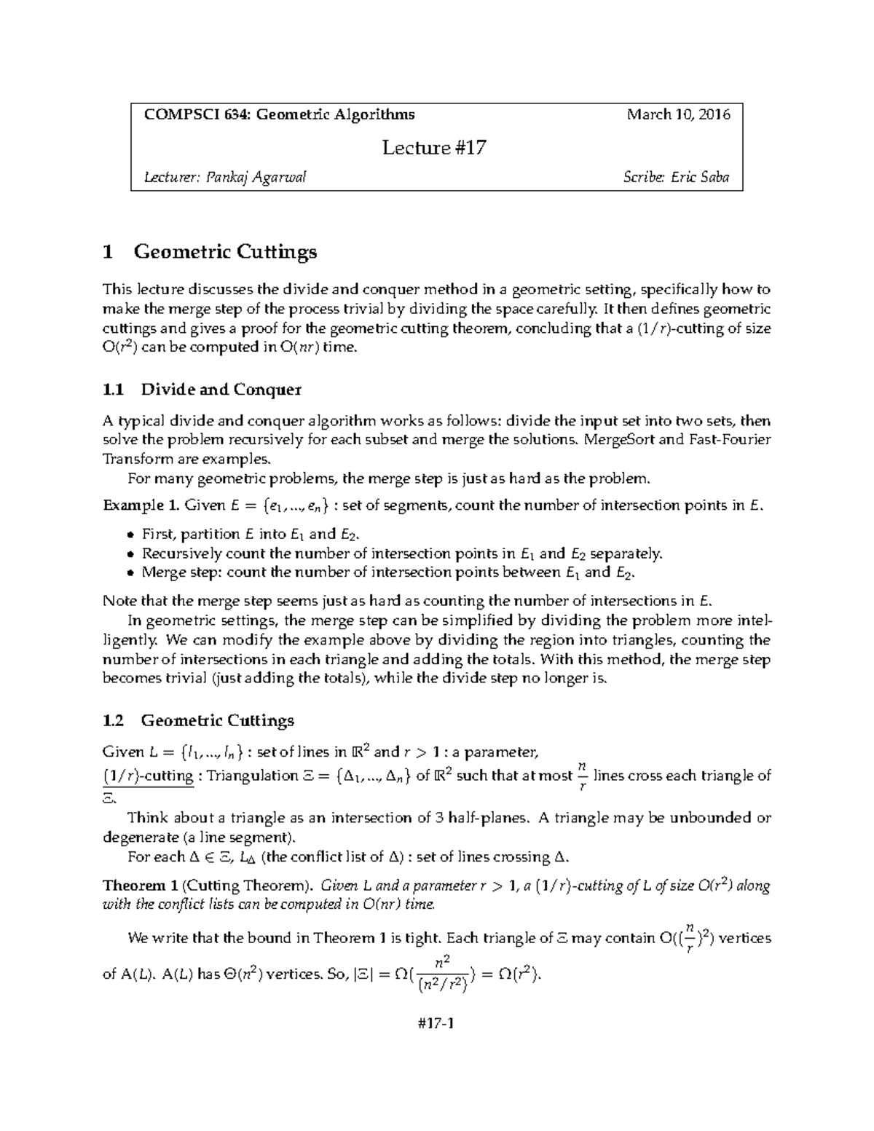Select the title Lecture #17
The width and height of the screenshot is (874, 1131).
434,148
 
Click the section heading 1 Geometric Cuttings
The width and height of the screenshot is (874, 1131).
210,252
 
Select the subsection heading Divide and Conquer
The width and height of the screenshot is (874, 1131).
221,390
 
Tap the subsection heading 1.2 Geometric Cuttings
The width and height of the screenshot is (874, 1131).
199,721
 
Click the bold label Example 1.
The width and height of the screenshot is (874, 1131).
141,505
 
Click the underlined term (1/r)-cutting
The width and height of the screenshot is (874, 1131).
149,776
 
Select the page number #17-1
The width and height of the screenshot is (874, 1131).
436,1024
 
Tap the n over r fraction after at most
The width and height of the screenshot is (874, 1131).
581,776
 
